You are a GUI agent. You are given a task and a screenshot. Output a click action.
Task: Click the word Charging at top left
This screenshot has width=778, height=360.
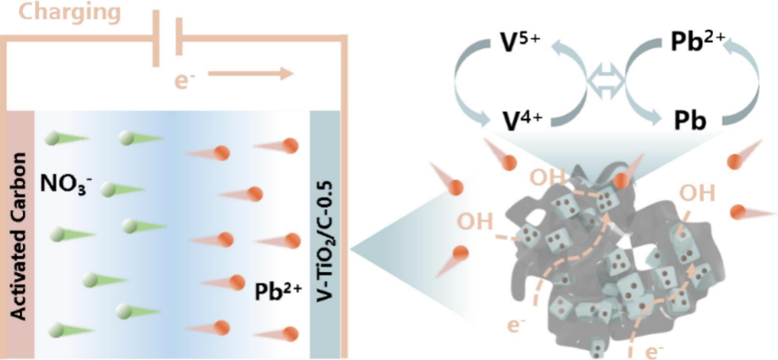coord(61,12)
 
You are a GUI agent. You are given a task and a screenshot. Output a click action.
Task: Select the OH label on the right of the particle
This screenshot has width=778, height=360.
coord(697,194)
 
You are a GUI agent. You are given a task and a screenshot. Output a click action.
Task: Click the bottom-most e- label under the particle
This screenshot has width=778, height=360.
coord(651,350)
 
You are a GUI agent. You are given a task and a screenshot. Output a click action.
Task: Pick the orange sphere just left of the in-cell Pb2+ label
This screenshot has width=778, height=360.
coord(237,282)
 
